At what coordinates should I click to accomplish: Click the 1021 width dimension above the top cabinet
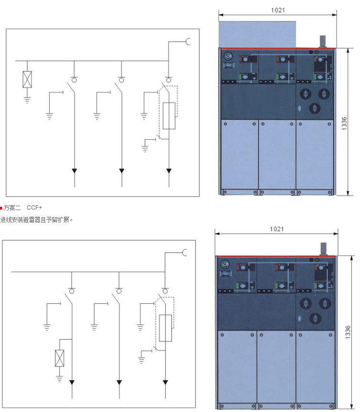tap(278, 10)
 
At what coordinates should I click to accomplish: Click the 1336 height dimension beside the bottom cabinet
tap(348, 332)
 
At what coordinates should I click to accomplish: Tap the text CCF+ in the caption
tap(34, 208)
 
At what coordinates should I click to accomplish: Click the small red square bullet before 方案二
tap(1, 208)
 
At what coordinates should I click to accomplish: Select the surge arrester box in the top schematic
tap(27, 79)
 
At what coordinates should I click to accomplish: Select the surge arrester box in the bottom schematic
tap(60, 358)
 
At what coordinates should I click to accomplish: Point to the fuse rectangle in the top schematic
tap(169, 116)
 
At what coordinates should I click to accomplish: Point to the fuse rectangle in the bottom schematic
tap(165, 328)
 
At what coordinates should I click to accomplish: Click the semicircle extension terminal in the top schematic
tap(188, 42)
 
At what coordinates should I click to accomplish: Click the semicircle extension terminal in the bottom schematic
tap(184, 253)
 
